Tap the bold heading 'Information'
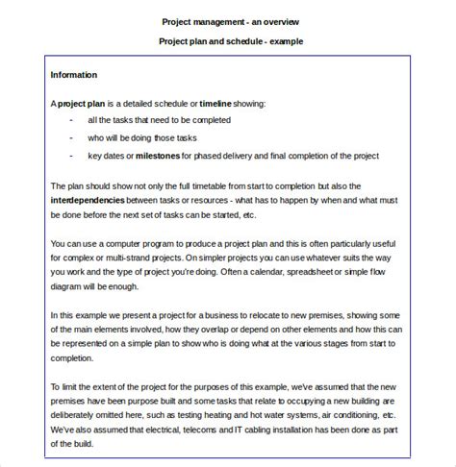coord(73,74)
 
